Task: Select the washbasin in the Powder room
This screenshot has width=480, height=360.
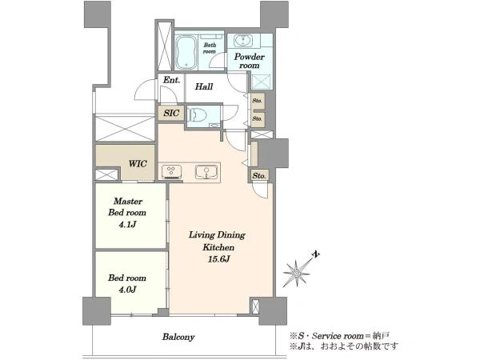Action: click(243, 40)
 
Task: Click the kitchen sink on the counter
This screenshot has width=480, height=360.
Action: click(206, 172)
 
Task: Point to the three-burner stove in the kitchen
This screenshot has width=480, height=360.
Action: click(171, 172)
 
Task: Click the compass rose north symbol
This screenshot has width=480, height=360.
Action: click(296, 273)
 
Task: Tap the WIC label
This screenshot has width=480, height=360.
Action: click(138, 164)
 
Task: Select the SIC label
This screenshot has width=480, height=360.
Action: click(171, 113)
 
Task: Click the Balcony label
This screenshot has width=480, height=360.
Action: click(178, 338)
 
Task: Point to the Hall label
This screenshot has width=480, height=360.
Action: click(204, 86)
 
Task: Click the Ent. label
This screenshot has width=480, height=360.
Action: click(171, 80)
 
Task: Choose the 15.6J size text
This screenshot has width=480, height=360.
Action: click(219, 259)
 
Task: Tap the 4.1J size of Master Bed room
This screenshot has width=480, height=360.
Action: click(127, 225)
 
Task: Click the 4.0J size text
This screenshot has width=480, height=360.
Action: click(127, 290)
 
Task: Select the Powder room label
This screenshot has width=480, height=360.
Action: click(249, 61)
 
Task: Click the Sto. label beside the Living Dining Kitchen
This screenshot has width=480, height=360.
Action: click(259, 176)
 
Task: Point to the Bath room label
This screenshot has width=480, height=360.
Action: click(210, 48)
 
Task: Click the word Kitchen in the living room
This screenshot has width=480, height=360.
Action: click(218, 247)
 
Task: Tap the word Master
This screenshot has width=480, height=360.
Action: click(128, 202)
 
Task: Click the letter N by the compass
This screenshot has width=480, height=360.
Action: click(316, 254)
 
